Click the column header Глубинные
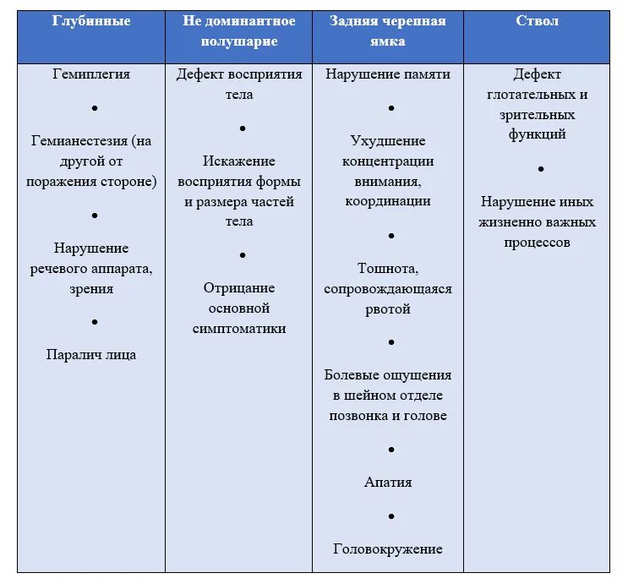[x=91, y=21]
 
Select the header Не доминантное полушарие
[x=239, y=31]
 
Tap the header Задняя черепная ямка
[x=388, y=31]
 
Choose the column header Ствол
[x=537, y=21]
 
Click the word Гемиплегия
[x=91, y=74]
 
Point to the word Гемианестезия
[x=81, y=140]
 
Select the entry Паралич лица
[x=91, y=355]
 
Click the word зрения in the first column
[x=91, y=289]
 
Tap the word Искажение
[x=239, y=161]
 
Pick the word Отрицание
[x=239, y=288]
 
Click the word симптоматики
[x=239, y=329]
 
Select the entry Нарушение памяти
[x=388, y=74]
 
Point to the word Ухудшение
[x=388, y=140]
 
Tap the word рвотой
[x=388, y=308]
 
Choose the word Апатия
[x=388, y=483]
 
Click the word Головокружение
[x=388, y=549]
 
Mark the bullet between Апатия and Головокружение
[x=391, y=516]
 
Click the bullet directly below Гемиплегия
[x=95, y=108]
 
